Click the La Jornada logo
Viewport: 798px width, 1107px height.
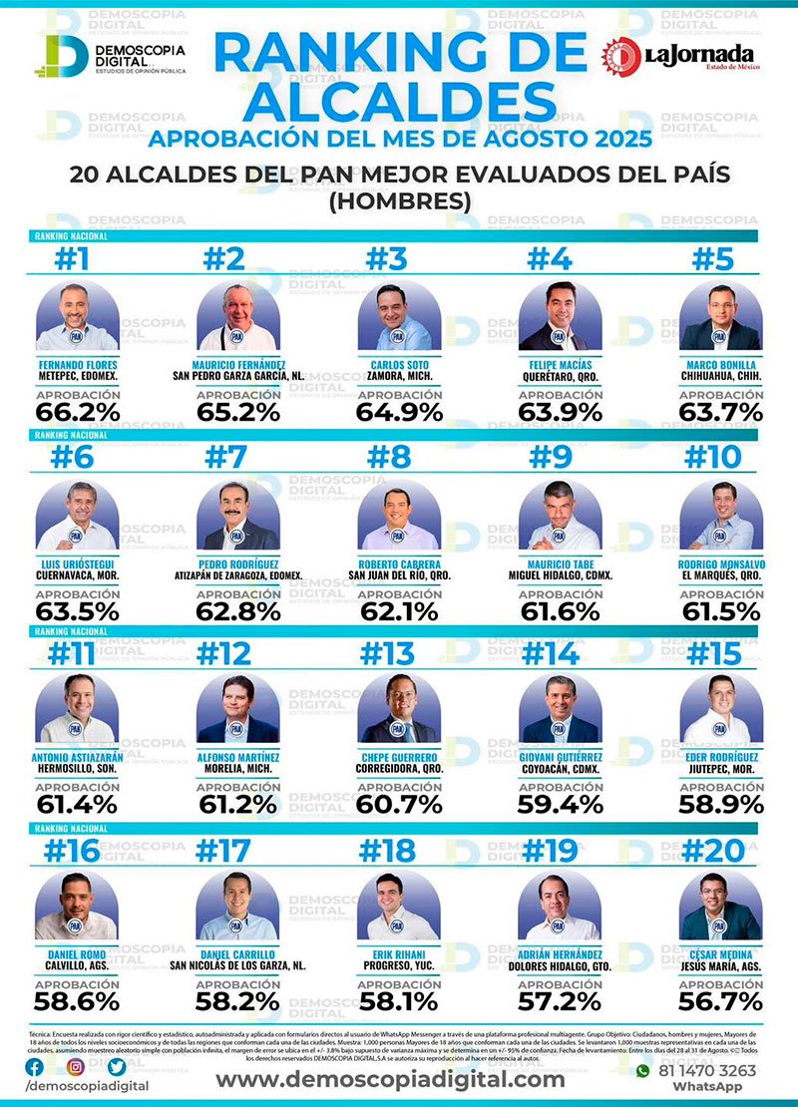(x=678, y=56)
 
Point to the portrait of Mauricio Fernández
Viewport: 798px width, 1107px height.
(x=237, y=317)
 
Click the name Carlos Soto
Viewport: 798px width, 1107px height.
(x=399, y=364)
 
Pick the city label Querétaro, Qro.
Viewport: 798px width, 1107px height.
(x=560, y=377)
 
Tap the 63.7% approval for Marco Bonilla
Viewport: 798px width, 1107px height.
(x=720, y=411)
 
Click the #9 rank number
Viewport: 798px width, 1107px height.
(x=551, y=458)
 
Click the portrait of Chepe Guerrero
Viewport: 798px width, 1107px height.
(x=399, y=710)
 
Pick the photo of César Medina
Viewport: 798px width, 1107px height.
(x=720, y=907)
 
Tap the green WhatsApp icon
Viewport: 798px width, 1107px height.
(x=643, y=1071)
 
